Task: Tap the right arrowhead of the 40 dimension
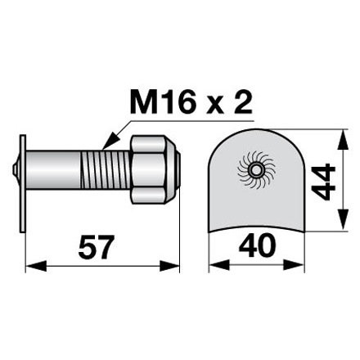[298, 266]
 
